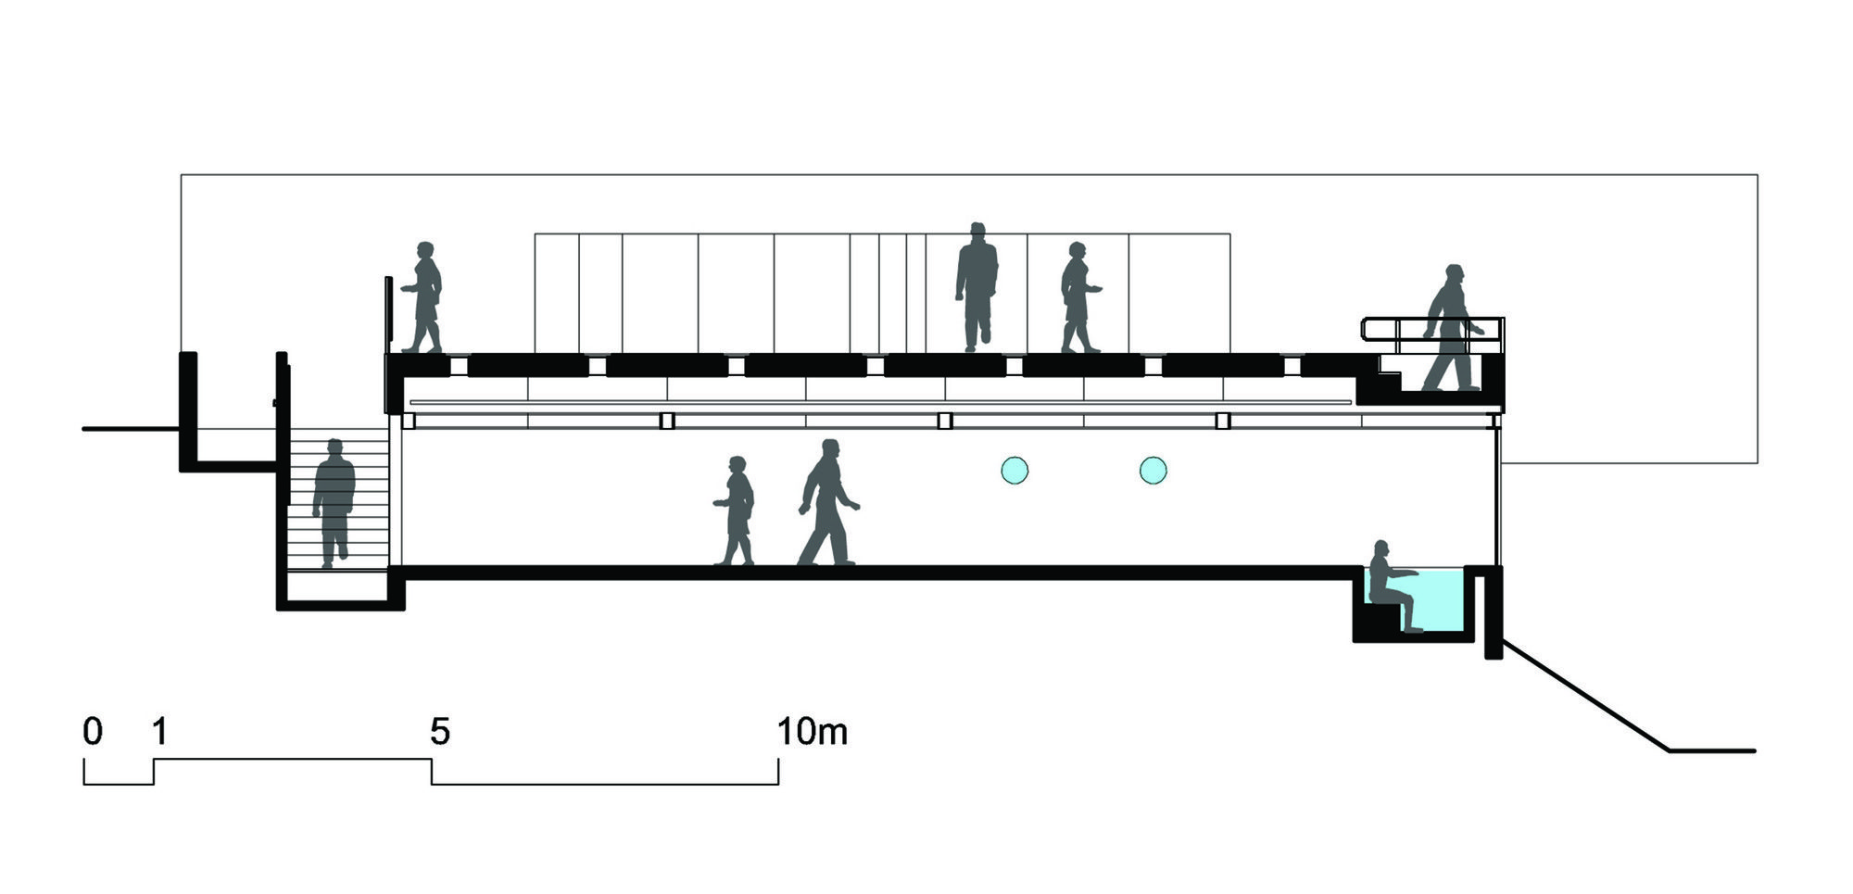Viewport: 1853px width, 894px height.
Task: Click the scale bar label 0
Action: coord(93,732)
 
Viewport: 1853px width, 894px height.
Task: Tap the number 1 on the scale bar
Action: coord(159,732)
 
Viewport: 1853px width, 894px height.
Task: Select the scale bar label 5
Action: coord(440,732)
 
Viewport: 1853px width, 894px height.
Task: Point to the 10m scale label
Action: coord(812,732)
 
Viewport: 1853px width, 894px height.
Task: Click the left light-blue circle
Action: coord(1015,471)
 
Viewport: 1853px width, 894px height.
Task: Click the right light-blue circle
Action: coord(1153,471)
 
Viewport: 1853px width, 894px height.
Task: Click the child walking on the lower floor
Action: coord(736,510)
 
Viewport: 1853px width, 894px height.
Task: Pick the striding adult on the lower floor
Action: coord(827,502)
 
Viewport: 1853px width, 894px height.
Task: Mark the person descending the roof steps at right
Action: coord(1452,328)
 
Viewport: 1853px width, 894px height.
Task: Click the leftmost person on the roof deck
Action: coord(423,297)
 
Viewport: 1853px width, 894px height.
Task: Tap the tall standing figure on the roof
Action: coord(977,287)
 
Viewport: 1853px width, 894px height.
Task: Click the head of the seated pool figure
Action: coord(1381,548)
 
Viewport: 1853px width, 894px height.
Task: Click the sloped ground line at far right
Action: coord(1585,695)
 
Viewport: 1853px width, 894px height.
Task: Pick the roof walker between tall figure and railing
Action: coord(1078,297)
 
